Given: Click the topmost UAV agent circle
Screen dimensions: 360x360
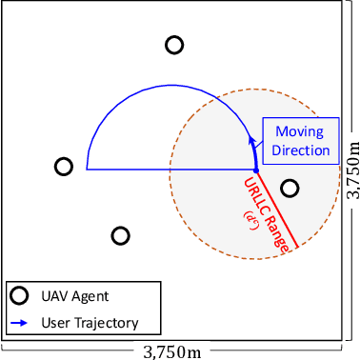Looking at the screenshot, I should coord(174,45).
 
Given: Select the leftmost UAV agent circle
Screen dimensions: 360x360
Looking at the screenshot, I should coord(64,167).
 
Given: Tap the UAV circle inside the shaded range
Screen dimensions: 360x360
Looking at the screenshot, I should coord(290,188).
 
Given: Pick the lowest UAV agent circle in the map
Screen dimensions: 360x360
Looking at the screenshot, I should coord(120,235).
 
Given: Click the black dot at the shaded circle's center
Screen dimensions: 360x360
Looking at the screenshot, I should coord(254,169).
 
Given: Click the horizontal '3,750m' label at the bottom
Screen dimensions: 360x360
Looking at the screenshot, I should coord(172,351).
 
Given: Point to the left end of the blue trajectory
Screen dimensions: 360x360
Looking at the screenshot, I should coord(88,169).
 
